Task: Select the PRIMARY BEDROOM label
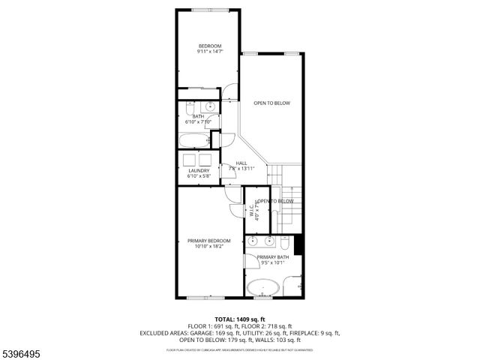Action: [x=208, y=240]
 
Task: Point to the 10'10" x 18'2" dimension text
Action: [x=208, y=246]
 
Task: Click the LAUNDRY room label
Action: [x=199, y=170]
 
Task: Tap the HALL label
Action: [x=241, y=163]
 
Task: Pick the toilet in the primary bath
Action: [x=286, y=242]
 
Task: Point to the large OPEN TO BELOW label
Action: [x=271, y=103]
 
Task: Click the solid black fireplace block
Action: [x=298, y=244]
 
